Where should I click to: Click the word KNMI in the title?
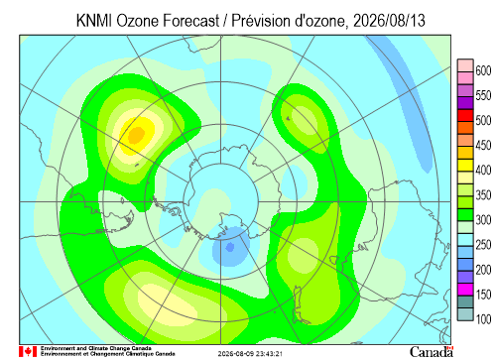click(x=94, y=21)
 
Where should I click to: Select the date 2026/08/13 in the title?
click(x=389, y=21)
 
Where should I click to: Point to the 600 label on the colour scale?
click(x=483, y=70)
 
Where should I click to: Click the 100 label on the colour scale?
click(x=483, y=318)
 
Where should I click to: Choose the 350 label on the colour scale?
click(x=483, y=194)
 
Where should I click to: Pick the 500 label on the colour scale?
click(x=483, y=120)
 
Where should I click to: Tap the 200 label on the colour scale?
click(x=483, y=270)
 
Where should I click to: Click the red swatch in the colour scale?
click(x=465, y=116)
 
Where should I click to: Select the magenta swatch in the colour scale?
click(x=465, y=290)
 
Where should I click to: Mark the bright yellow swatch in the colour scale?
click(x=465, y=166)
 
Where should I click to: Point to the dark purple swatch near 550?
click(x=465, y=103)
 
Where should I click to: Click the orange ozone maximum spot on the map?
click(x=136, y=134)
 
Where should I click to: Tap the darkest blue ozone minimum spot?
click(x=230, y=247)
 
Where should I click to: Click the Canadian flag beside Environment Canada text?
click(x=28, y=352)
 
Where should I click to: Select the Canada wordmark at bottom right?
click(x=432, y=352)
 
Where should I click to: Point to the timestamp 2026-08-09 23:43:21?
click(x=250, y=354)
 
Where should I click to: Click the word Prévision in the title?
click(x=261, y=21)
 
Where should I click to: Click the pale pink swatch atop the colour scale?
click(x=465, y=65)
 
